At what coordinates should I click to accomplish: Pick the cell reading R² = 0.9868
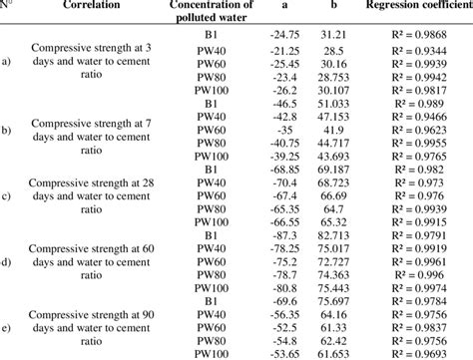tap(417, 35)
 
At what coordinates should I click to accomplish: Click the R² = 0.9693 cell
tap(417, 352)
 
